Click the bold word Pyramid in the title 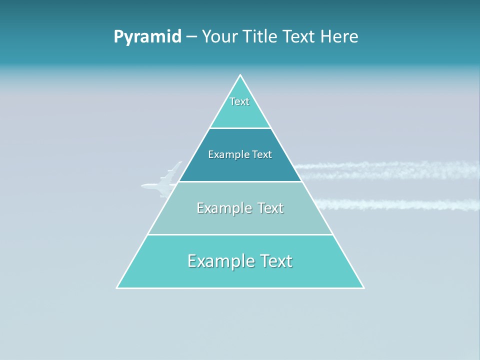click(147, 37)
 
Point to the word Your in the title click(219, 37)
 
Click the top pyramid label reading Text click(239, 101)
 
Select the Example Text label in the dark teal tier click(240, 154)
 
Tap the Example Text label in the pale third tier click(240, 208)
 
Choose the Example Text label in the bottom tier click(240, 261)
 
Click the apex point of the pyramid click(240, 75)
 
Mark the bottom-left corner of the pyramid click(117, 287)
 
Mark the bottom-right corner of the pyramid click(363, 287)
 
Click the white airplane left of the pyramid click(159, 186)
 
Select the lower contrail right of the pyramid click(395, 204)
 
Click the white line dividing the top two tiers click(240, 128)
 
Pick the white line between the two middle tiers click(240, 181)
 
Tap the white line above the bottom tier click(240, 234)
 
